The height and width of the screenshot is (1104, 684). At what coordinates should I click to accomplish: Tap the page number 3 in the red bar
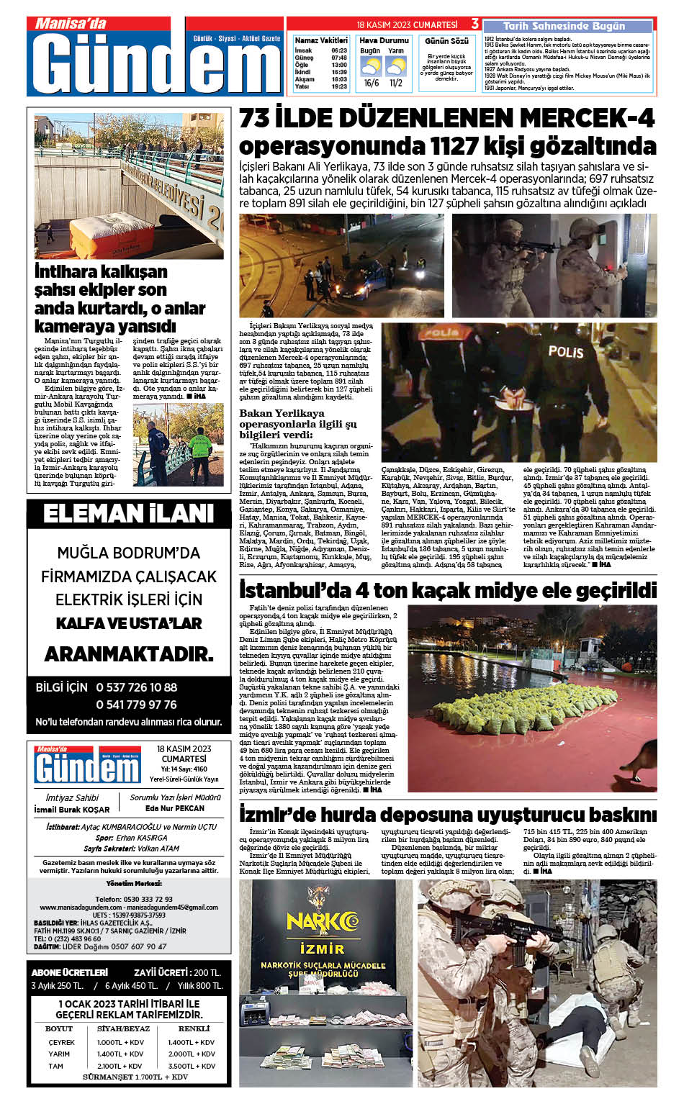coord(474,24)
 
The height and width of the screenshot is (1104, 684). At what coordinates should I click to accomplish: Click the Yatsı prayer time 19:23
coord(339,86)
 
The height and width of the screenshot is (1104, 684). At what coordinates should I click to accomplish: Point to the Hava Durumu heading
coord(384,40)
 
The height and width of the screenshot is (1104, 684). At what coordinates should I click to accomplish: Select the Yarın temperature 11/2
coord(396,83)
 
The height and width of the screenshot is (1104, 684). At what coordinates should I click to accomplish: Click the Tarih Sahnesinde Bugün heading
coord(564,26)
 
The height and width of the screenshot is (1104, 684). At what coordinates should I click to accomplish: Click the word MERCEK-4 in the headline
coord(588,117)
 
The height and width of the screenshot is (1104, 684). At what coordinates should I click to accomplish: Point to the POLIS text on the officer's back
coord(565,351)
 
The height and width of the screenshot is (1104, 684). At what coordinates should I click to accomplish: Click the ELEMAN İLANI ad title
coord(129,514)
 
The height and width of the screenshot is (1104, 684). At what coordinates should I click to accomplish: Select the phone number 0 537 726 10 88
coord(137,687)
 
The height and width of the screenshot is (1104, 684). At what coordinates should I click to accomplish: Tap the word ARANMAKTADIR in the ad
coord(129,654)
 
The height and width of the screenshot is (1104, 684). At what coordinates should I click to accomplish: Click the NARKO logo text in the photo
coord(322,922)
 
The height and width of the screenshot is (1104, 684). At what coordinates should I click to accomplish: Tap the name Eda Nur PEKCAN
coord(175,809)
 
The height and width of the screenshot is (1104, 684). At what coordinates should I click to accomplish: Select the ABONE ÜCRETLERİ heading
coord(70,972)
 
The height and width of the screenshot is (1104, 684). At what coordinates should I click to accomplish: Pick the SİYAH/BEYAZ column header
coord(123,1028)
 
